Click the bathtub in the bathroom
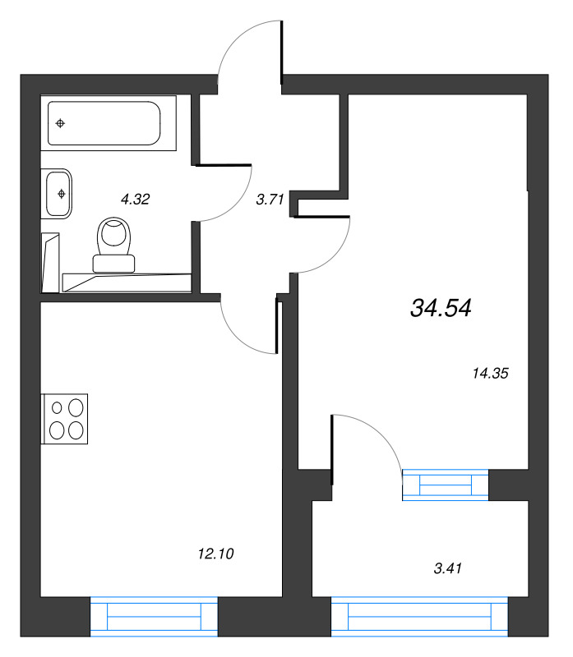tap(109, 122)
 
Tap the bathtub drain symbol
tap(60, 123)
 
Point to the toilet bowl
tap(113, 236)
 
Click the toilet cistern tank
tap(113, 264)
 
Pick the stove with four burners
tap(65, 419)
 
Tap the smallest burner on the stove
tap(57, 407)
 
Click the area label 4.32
tap(135, 199)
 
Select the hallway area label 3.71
tap(270, 200)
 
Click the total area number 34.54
tap(441, 307)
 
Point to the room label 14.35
tap(490, 373)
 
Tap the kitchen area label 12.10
tap(215, 554)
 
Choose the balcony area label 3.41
tap(447, 568)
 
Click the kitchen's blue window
tap(154, 617)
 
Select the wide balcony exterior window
tap(419, 617)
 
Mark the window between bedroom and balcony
tap(446, 485)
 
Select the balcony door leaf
tap(332, 449)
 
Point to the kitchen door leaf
tap(277, 325)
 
